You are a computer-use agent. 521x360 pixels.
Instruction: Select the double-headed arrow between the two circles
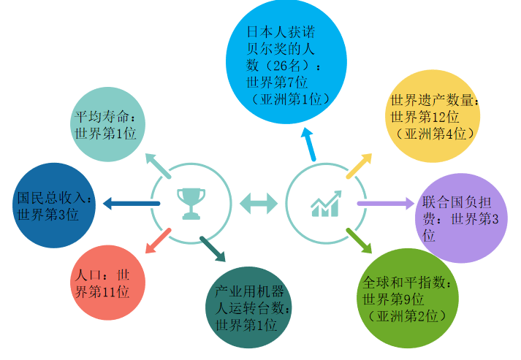259,203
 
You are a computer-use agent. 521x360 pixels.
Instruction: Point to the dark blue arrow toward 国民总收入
126,203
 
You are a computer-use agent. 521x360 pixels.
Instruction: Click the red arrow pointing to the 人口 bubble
158,241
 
